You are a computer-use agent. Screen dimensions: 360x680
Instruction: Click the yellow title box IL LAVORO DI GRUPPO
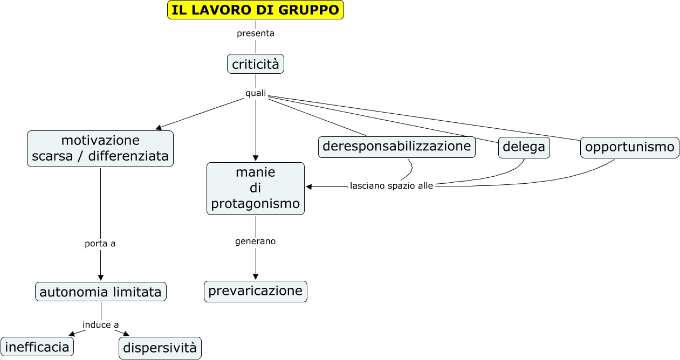coord(255,10)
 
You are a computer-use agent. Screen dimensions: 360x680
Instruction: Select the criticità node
coord(256,64)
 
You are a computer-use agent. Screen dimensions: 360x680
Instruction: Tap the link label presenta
coord(256,33)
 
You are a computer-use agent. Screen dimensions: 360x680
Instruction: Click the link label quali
coord(256,93)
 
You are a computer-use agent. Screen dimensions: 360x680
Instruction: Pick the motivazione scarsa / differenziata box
coord(100,148)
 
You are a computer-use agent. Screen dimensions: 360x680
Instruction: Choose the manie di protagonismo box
coord(256,188)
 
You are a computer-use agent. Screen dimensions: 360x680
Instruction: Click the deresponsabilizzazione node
coord(396,147)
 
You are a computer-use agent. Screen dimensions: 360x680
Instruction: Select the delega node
coord(524,147)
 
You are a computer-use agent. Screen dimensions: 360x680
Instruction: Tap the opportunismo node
coord(629,147)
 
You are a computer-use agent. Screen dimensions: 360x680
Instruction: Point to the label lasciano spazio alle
coord(391,186)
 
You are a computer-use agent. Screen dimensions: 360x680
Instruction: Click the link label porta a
coord(100,244)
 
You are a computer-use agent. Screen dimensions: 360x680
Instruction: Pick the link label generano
coord(256,241)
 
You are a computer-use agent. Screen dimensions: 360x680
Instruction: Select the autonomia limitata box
coord(101,292)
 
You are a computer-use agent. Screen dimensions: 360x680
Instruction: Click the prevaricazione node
coord(256,291)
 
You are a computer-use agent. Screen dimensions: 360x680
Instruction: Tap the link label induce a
coord(101,324)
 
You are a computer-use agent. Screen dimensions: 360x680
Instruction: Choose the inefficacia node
coord(37,347)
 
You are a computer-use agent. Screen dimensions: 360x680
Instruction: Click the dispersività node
coord(160,348)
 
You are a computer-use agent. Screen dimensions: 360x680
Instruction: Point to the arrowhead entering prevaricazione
coord(256,276)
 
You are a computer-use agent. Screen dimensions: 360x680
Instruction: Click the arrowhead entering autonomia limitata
coord(101,278)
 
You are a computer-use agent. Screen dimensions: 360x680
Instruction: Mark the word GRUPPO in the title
coord(314,10)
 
